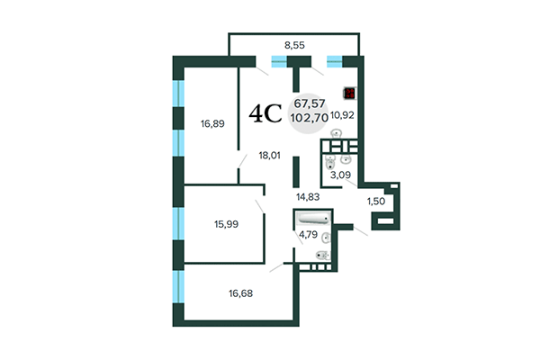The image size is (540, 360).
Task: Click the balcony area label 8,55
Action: point(293,43)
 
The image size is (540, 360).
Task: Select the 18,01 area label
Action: point(270,155)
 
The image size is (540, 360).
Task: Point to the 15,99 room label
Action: point(201,223)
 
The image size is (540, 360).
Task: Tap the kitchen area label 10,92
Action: point(345,115)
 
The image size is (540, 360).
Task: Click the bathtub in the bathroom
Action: point(313,219)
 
